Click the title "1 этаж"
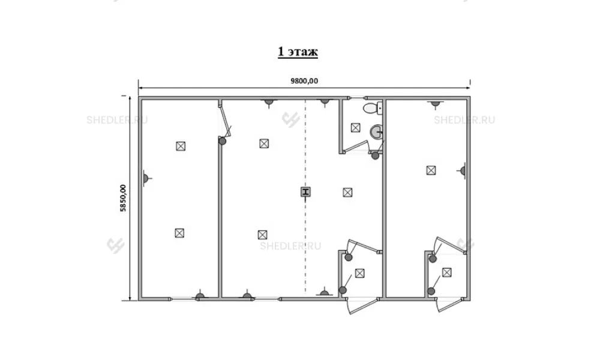click(x=298, y=52)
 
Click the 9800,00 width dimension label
click(x=304, y=81)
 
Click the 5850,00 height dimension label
click(x=123, y=198)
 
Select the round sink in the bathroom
click(x=376, y=133)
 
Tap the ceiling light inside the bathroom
click(x=355, y=128)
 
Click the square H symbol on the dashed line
click(x=305, y=191)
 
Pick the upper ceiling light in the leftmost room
click(x=181, y=146)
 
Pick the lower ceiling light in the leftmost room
click(x=179, y=233)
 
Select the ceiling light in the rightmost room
click(x=431, y=170)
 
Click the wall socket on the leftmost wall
click(x=146, y=178)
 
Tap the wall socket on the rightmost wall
click(x=462, y=170)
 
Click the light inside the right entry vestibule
click(x=446, y=272)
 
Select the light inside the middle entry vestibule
click(x=359, y=273)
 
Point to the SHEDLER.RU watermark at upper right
click(x=464, y=120)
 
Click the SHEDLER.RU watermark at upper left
click(x=117, y=120)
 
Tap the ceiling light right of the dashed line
click(x=347, y=193)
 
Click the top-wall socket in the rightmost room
click(x=436, y=103)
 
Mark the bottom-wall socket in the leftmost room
click(x=200, y=295)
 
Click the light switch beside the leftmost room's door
click(x=223, y=141)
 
